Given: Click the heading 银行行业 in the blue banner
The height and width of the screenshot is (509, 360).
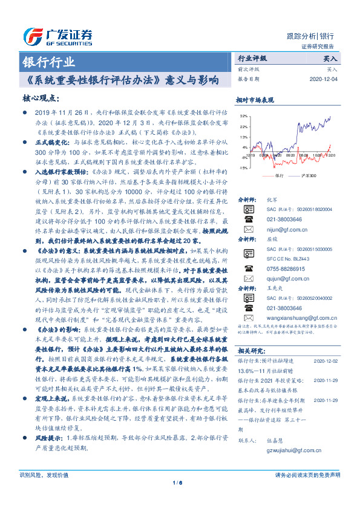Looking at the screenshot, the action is click(x=48, y=62).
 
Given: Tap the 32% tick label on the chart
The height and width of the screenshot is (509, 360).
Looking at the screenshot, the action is click(x=243, y=115).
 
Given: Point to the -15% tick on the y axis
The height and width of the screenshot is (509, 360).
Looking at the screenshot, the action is click(x=243, y=167).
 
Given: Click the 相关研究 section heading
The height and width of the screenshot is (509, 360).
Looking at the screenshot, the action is click(x=249, y=351).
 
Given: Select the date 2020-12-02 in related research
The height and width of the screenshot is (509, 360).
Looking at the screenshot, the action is click(x=326, y=360).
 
